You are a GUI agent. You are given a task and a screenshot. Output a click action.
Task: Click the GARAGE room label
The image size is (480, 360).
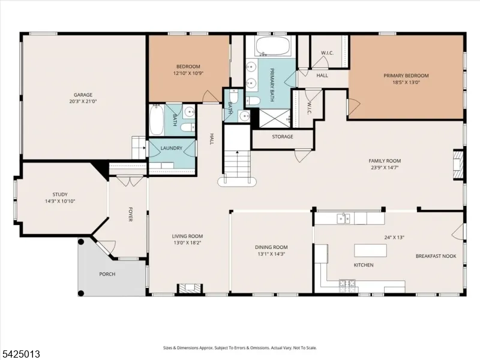click(83, 95)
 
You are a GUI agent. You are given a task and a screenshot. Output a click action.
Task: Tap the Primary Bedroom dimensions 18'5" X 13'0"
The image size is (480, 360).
click(406, 82)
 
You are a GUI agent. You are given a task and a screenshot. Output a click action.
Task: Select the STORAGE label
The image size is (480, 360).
click(283, 137)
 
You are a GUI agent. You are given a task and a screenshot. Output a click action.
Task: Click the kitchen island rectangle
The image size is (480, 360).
click(370, 250)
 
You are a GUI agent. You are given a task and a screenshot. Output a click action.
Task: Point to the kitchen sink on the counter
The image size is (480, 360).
click(343, 218)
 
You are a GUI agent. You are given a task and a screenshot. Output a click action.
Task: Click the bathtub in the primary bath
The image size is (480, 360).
click(273, 47)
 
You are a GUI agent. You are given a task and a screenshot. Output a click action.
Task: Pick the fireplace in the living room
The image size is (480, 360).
click(190, 289)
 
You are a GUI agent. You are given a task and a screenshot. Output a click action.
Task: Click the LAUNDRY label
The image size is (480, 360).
click(172, 148)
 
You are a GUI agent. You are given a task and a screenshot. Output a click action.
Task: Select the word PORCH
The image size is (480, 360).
click(107, 274)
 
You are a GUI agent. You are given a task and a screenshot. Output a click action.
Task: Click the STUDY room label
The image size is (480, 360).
click(60, 194)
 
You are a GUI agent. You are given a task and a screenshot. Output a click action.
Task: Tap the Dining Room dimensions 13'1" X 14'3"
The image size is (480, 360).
click(271, 254)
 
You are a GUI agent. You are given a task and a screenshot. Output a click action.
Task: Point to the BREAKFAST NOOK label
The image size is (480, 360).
click(436, 256)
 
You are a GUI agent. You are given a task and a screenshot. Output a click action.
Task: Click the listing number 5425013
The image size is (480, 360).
click(20, 354)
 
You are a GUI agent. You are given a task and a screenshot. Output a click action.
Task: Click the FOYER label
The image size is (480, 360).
click(130, 214)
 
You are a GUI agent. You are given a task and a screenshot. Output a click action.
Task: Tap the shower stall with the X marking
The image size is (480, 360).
click(275, 118)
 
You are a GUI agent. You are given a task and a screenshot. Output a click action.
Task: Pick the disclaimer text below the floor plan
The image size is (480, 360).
click(239, 348)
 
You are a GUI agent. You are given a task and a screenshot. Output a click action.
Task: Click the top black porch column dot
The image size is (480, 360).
click(81, 242)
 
